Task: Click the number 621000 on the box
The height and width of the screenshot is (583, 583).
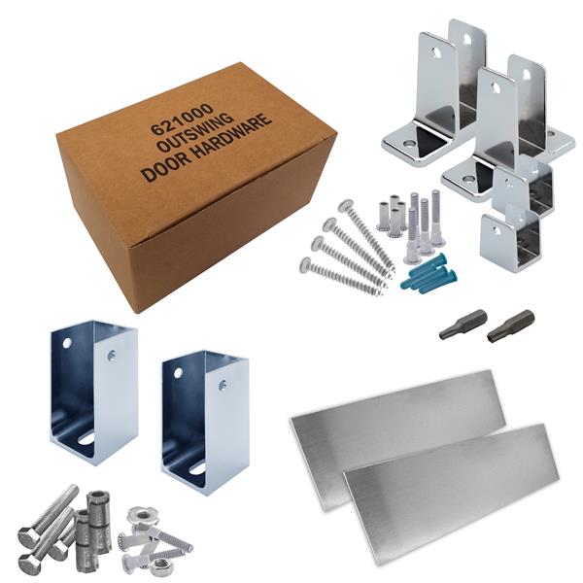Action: (182, 119)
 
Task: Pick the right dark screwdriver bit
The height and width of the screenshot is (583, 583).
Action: (510, 326)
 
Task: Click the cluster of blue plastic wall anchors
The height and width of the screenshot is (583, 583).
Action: (429, 273)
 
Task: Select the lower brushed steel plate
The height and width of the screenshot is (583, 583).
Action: (452, 495)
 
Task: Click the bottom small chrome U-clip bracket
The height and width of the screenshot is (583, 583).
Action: (508, 238)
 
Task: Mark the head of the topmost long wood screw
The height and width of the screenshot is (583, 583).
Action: (346, 206)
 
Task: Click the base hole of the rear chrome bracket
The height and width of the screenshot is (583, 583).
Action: (409, 143)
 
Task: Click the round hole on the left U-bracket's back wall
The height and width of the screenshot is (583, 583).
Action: (67, 343)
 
